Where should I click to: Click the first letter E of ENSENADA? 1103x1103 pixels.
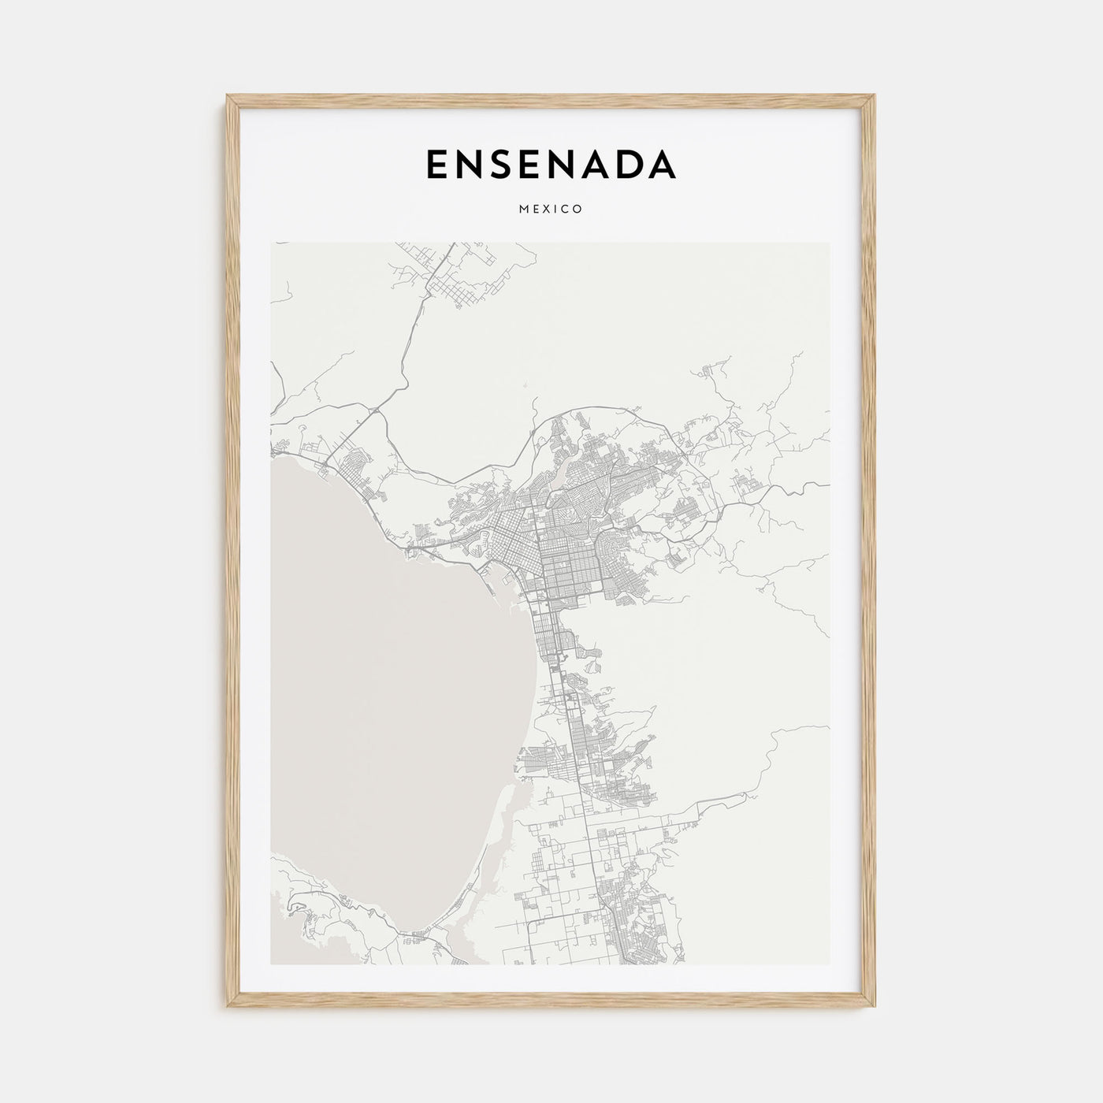[x=438, y=164]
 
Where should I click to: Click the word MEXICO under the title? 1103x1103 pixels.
[x=551, y=210]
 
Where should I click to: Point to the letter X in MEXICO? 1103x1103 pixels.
[x=548, y=210]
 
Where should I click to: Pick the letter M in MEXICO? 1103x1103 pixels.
[x=524, y=210]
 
